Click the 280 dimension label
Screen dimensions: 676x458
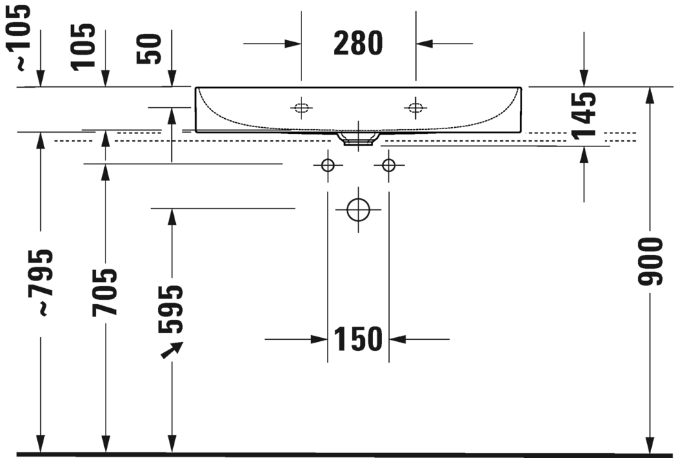click(358, 43)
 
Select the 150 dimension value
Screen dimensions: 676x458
click(358, 339)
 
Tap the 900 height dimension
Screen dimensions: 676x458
click(650, 261)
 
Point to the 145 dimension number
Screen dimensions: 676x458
click(584, 115)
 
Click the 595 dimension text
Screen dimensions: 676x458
click(171, 309)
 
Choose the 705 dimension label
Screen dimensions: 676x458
click(104, 292)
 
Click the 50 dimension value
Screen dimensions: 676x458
click(149, 49)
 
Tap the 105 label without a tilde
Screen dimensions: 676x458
click(83, 46)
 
